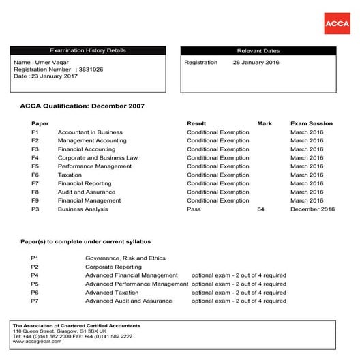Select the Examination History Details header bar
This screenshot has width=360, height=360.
(x=88, y=51)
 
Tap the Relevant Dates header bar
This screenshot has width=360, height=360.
(x=258, y=51)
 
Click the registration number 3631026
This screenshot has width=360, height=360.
(x=91, y=70)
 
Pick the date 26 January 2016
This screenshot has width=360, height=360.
(x=256, y=63)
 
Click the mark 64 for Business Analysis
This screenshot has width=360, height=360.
(x=260, y=209)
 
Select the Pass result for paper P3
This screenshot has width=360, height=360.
(x=194, y=209)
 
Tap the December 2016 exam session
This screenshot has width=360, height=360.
(x=313, y=209)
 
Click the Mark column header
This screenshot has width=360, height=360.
(x=264, y=123)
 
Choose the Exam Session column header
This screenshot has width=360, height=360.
(x=311, y=123)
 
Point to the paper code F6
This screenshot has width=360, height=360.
(x=35, y=175)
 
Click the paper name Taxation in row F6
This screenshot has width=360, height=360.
(x=70, y=175)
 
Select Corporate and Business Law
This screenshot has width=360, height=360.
(x=97, y=158)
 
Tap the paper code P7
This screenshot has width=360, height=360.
(x=35, y=301)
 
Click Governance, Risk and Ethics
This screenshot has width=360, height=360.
(x=125, y=258)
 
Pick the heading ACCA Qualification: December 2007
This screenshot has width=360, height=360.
(x=82, y=106)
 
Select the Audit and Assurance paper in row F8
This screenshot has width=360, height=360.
(x=87, y=192)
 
